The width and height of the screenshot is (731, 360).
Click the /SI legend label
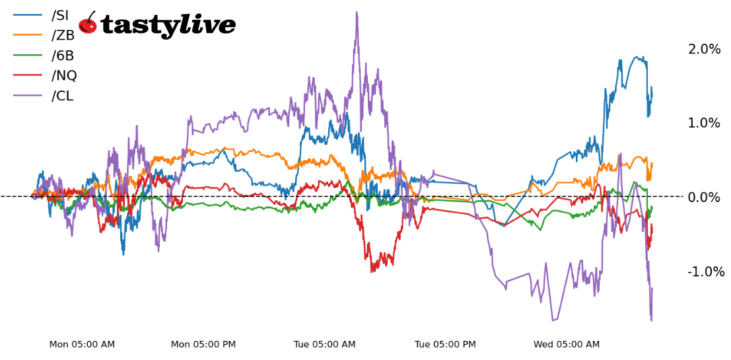[60, 16]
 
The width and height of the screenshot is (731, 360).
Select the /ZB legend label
[63, 36]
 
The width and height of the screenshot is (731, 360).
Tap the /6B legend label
[63, 56]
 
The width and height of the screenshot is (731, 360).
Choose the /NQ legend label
[64, 76]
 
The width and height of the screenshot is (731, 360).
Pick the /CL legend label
[62, 96]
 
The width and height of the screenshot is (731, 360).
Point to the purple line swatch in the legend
[28, 96]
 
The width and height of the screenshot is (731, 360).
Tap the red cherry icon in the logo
[88, 24]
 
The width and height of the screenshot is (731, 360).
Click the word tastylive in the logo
[168, 26]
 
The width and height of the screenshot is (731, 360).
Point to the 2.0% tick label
[704, 50]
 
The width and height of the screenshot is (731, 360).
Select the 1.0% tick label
[704, 124]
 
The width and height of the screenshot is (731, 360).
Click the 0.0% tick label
[704, 198]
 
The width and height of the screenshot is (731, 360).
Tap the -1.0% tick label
[705, 271]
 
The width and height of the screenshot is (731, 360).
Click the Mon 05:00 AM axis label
[82, 345]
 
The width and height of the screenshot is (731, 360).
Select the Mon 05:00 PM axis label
[203, 345]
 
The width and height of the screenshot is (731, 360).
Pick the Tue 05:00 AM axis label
[325, 345]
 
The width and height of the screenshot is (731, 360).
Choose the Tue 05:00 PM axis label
[445, 345]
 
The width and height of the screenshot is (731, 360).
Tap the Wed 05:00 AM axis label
[567, 345]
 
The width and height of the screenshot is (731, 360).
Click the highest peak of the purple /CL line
[357, 12]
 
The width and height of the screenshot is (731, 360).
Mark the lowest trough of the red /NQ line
[373, 271]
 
